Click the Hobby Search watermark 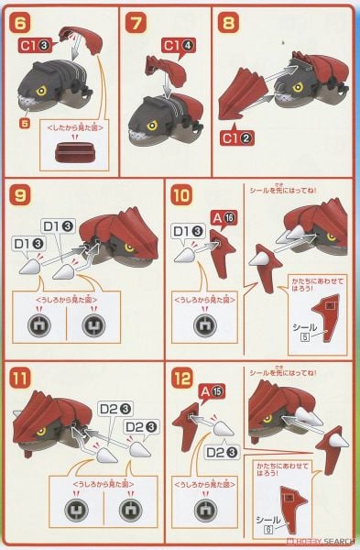325,541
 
